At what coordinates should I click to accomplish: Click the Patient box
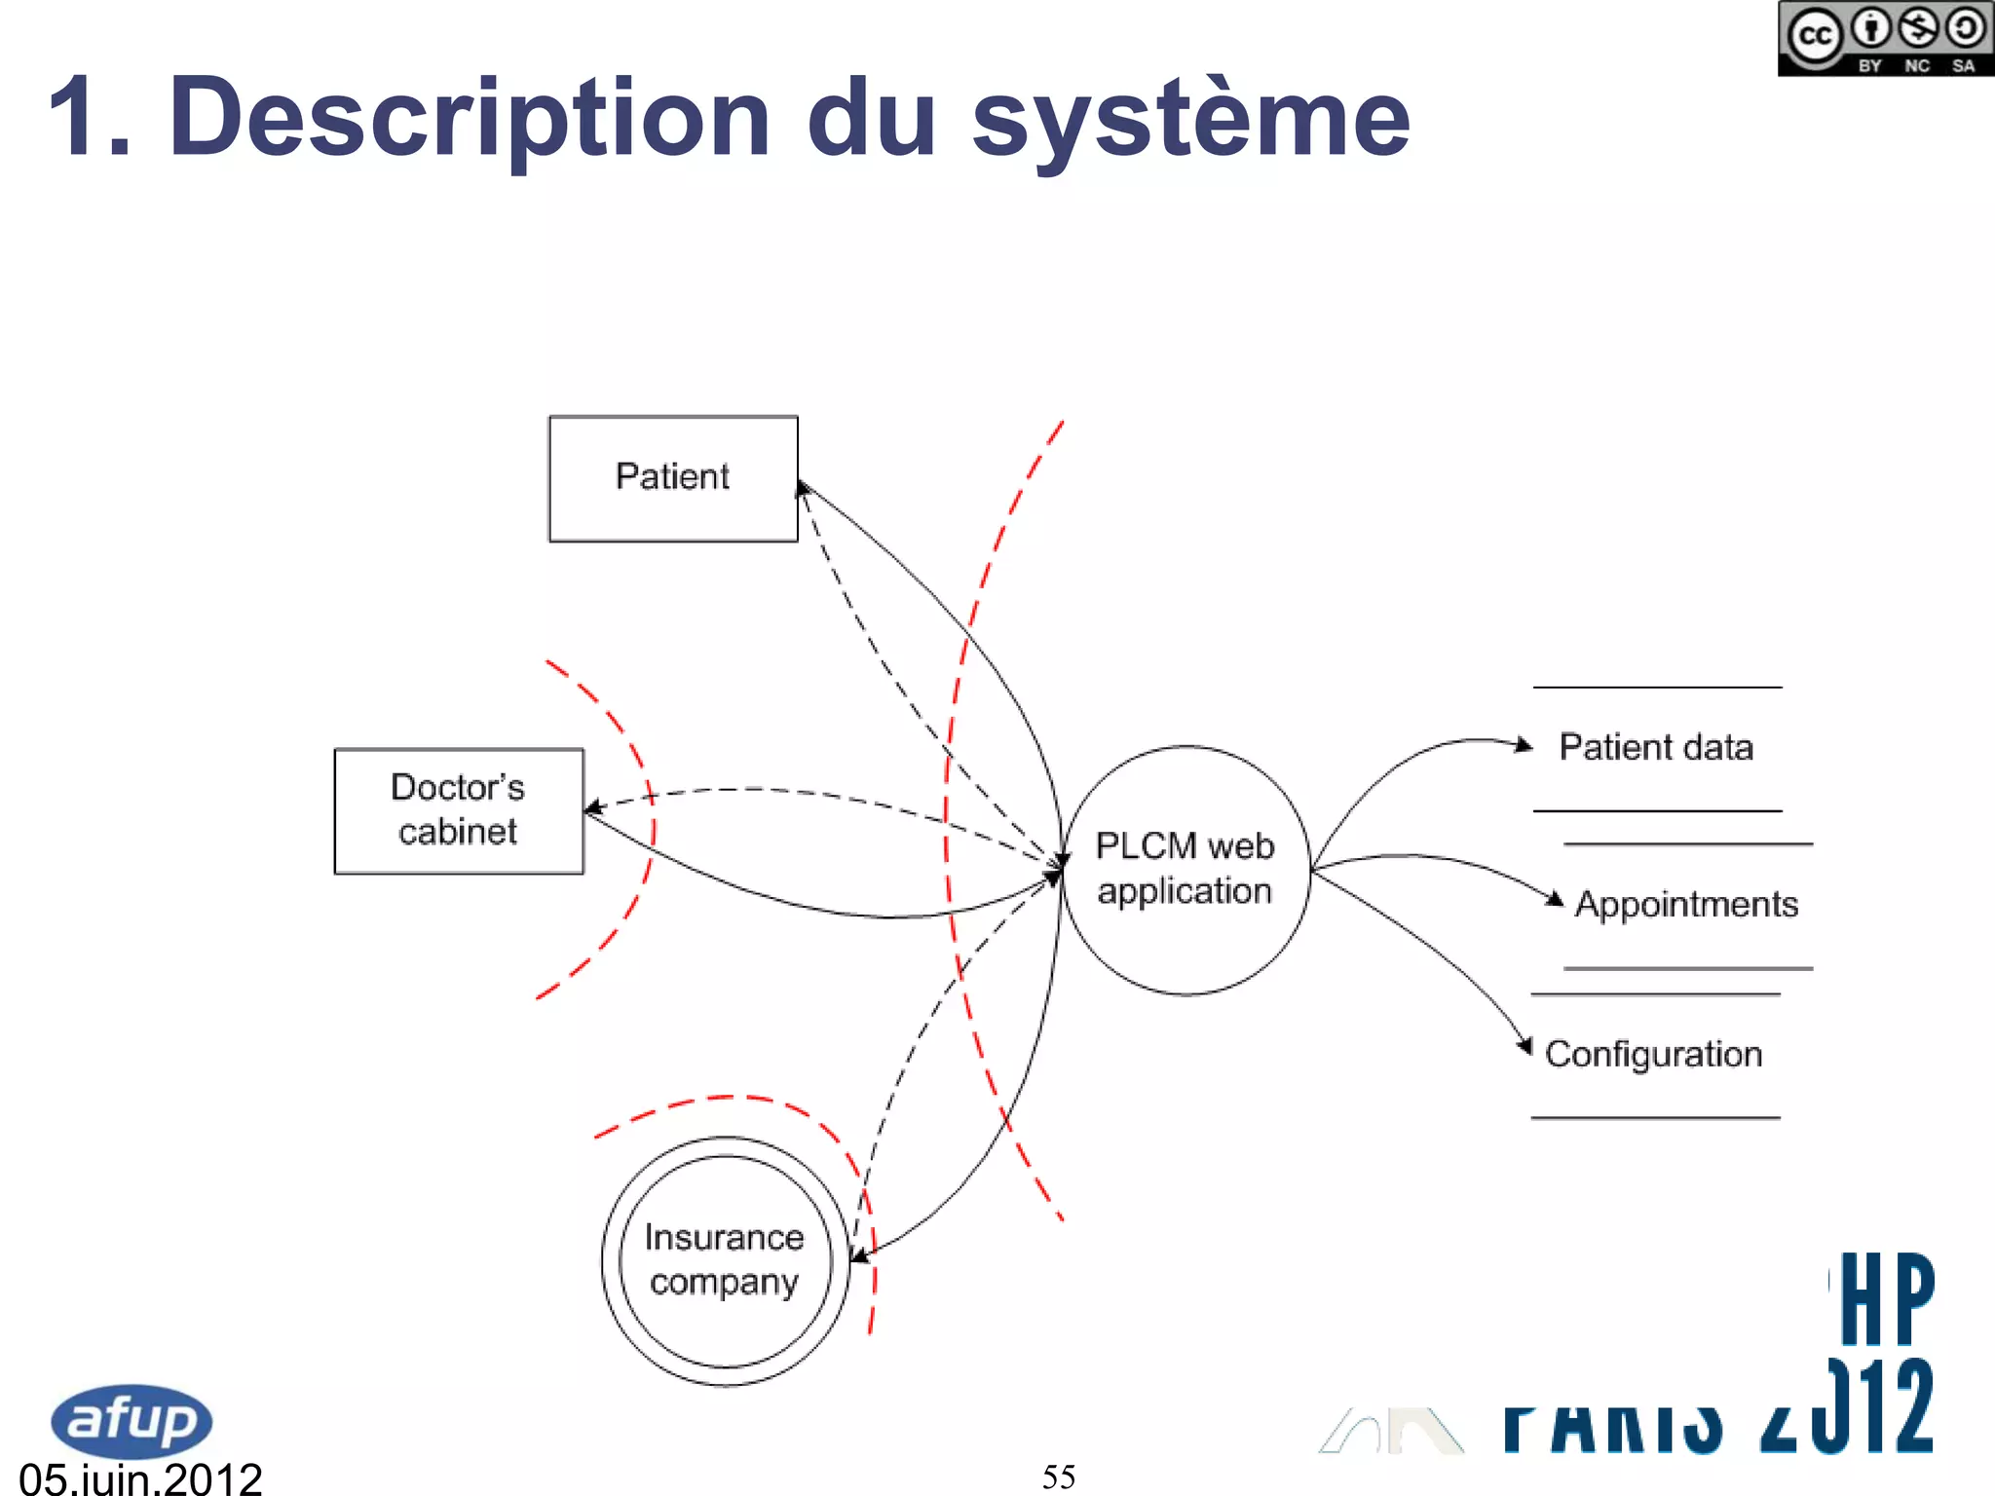(673, 478)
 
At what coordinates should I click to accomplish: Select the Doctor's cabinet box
(459, 810)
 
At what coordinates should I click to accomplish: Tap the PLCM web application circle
(1185, 870)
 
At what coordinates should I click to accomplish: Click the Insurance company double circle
(725, 1260)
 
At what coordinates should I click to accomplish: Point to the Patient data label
(1656, 747)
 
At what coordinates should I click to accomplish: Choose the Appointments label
(1686, 904)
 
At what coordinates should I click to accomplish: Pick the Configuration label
(1653, 1054)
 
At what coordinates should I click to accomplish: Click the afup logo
(131, 1420)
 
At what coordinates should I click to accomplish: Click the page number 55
(1059, 1477)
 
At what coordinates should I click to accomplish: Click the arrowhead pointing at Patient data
(1524, 745)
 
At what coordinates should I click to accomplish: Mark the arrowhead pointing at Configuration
(1525, 1047)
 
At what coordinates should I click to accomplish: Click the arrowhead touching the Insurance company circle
(858, 1257)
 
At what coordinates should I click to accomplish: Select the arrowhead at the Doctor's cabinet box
(591, 807)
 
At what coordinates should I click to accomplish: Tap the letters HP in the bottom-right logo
(1886, 1298)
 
